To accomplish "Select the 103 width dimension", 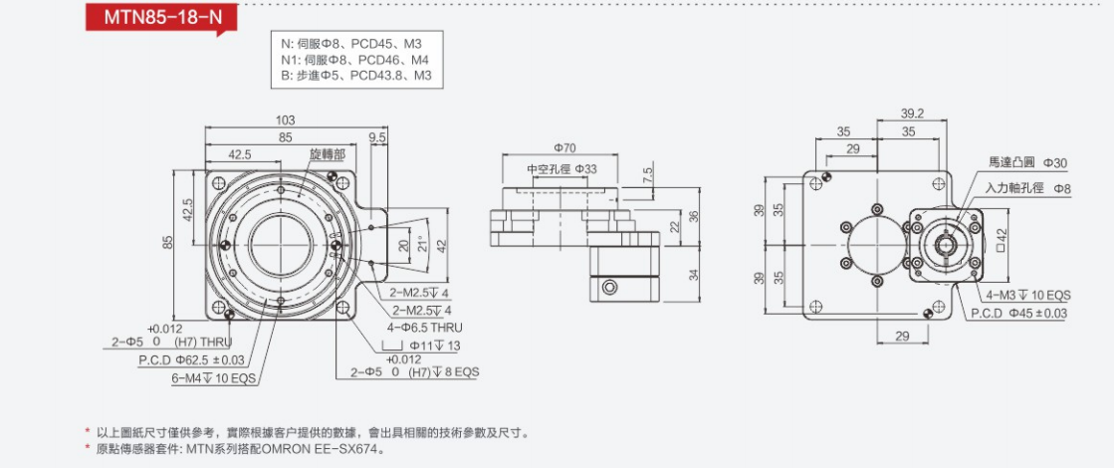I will click(x=285, y=120).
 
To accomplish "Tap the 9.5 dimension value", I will click(x=377, y=136).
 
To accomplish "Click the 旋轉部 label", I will click(x=327, y=154).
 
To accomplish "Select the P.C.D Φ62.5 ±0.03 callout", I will click(x=191, y=359).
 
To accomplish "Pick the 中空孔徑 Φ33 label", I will click(x=561, y=169).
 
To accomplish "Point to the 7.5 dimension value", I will click(x=648, y=173).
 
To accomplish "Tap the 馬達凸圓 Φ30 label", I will click(x=1027, y=162).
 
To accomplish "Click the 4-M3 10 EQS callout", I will click(x=1028, y=296).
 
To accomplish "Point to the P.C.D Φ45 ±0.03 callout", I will click(x=1018, y=314).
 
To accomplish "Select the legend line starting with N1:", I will click(x=353, y=59).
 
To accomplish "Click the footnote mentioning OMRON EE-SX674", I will click(x=240, y=449).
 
